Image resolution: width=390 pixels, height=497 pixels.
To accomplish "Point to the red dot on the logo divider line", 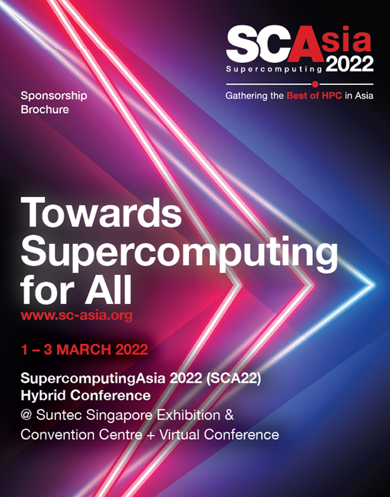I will coord(315,84).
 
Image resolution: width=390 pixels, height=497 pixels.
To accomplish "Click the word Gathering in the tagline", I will coord(247,96).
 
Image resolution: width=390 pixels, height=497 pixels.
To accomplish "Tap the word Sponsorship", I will coord(54,96).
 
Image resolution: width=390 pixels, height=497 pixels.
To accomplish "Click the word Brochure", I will coord(45,110).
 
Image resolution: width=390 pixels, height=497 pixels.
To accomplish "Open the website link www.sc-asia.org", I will coord(76,315).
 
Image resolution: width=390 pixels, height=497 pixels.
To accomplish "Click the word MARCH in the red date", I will coord(88,349).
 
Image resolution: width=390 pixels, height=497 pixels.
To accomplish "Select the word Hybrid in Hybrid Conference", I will coord(44,396).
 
